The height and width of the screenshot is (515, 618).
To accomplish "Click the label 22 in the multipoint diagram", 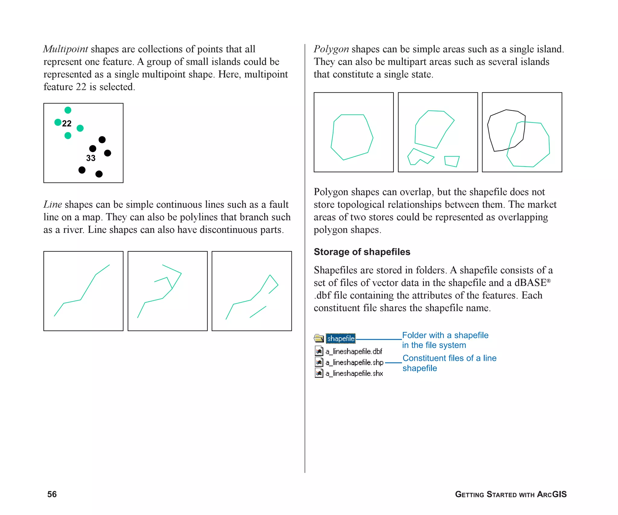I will pos(67,123).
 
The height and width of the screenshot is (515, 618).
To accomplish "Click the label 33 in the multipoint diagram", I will pos(91,158).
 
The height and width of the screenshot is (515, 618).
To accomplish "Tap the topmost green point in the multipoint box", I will pos(68,110).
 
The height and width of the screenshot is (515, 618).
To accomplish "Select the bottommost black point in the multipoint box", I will pos(99,174).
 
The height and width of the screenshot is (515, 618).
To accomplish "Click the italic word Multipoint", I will pos(65,49).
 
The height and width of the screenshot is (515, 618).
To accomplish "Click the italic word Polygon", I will pos(331,49).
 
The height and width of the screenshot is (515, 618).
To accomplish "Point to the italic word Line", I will pos(53,205).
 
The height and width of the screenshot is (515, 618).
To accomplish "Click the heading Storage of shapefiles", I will pos(362,252).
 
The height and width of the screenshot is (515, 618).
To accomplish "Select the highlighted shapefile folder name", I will pos(341,339).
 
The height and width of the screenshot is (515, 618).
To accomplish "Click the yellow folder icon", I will pos(319,338).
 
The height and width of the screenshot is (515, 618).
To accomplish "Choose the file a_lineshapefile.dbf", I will pos(354,351).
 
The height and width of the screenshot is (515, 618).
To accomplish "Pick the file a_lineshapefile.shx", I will pos(354,374).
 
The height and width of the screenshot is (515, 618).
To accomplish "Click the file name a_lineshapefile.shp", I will pos(354,362).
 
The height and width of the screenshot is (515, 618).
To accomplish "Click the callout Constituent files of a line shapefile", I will pos(449,363).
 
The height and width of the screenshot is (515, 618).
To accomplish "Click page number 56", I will pos(52,494).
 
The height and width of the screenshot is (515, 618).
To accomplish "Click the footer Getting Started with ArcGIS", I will pos(511,494).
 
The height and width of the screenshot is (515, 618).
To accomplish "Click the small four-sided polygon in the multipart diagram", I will pos(452,161).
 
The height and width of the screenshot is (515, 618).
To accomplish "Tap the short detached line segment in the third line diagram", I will pos(258,312).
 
